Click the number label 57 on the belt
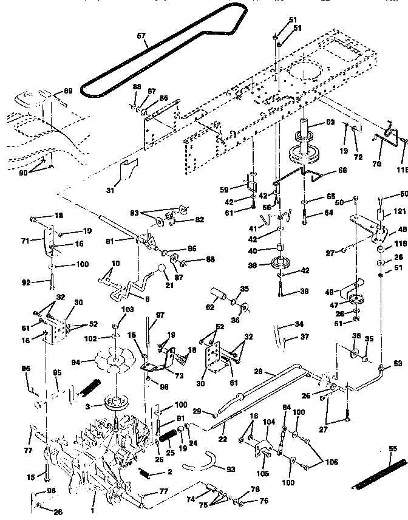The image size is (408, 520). (141, 36)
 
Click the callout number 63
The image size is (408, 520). (330, 122)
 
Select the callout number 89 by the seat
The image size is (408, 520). (67, 91)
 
